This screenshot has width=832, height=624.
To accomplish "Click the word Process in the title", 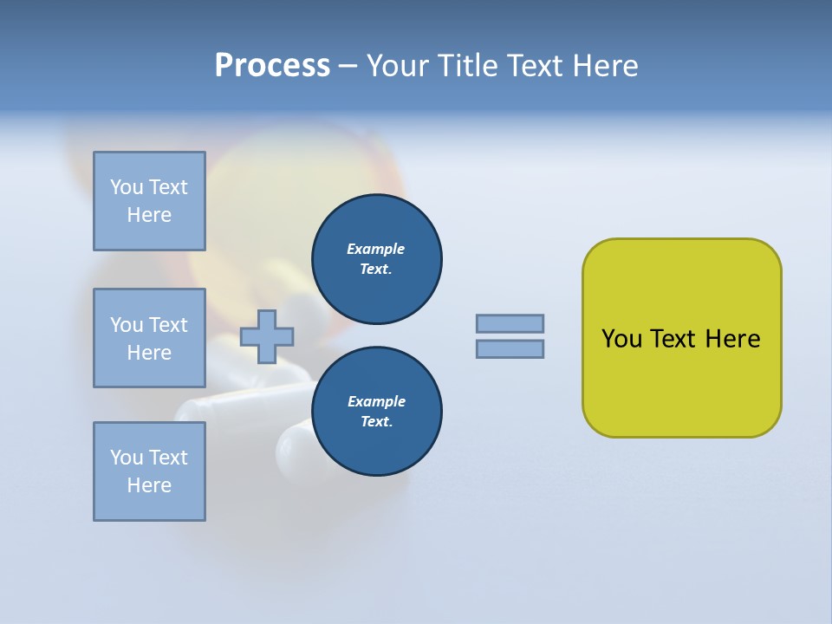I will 272,66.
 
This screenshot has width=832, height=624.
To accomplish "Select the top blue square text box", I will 149,201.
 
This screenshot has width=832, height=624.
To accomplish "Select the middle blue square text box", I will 149,338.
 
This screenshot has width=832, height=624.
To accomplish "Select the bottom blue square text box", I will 149,471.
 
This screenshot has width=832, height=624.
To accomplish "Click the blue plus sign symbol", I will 267,336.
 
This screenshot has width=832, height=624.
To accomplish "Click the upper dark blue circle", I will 377,259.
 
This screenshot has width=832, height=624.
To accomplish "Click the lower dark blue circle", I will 377,412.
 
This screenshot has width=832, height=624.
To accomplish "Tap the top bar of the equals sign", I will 510,323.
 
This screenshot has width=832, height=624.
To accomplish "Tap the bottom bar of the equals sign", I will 510,348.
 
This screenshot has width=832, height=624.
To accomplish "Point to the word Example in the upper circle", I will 376,249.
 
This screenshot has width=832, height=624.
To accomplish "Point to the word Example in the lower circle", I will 376,401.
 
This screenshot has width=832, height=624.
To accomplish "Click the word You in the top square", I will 127,187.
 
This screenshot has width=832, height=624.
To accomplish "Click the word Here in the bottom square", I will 149,485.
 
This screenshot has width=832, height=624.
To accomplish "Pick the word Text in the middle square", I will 167,325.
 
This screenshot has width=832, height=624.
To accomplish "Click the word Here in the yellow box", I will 732,339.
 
